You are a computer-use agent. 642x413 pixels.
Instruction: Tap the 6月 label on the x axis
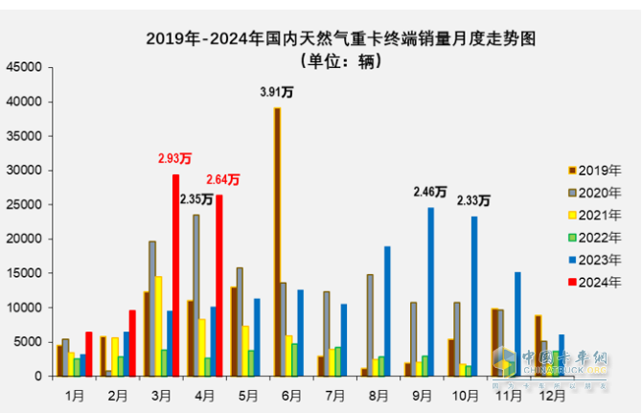coord(287,393)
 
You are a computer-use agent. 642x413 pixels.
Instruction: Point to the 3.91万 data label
coord(278,92)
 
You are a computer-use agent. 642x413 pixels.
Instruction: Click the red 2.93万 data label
coord(174,158)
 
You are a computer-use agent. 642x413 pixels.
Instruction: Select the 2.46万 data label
coord(429,192)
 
